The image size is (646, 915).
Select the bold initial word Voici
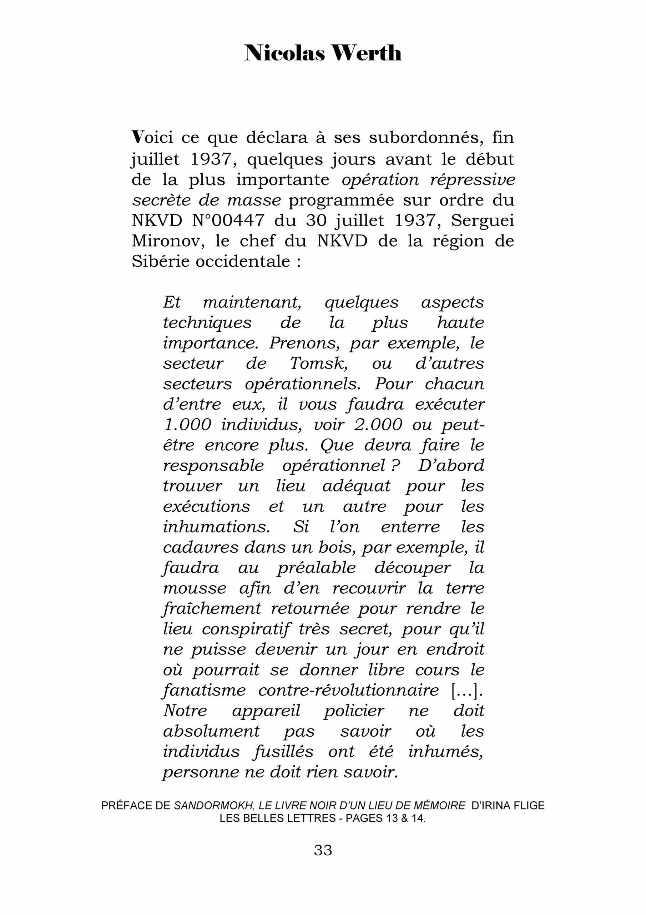152,138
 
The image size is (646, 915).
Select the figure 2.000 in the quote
378,425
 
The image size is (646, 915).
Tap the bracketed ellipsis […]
466,691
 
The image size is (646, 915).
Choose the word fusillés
284,752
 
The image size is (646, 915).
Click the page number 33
323,850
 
